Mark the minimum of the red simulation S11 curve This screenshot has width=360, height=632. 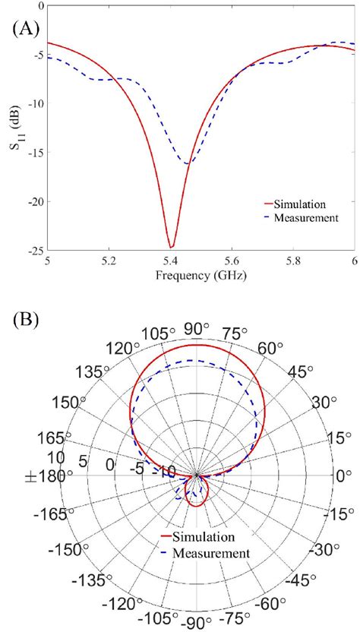[172, 247]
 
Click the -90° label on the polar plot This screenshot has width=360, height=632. [197, 622]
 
